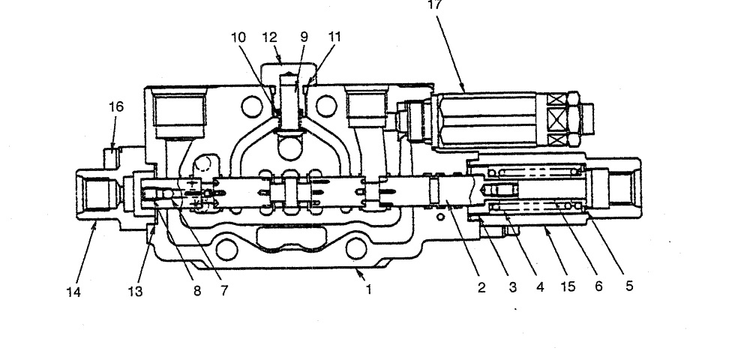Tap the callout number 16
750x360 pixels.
coord(115,107)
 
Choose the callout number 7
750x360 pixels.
coord(224,289)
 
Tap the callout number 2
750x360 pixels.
coord(481,286)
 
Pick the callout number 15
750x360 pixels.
coord(567,286)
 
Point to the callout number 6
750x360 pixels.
coord(598,286)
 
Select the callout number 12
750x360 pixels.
coord(270,36)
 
